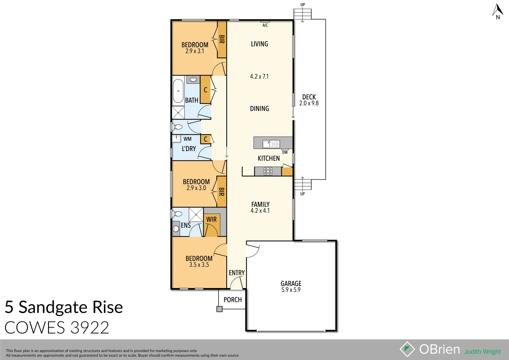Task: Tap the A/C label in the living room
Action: coord(265,25)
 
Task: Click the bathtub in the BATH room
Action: coord(178,91)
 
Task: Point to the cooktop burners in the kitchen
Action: coord(268,171)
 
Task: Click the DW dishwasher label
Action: coord(285,152)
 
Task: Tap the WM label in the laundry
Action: coord(187,139)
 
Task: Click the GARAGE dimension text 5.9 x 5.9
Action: coord(291,290)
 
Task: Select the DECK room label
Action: coord(309,97)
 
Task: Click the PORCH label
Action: coord(233,300)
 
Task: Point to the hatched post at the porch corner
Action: coord(219,309)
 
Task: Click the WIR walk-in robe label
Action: coord(211,219)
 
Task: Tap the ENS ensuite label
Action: coord(186,225)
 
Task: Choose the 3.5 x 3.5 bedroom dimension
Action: coord(199,265)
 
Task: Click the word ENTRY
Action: coord(237,273)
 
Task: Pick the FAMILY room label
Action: coord(260,204)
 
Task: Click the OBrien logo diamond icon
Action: coord(407,349)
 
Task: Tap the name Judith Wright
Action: coord(482,352)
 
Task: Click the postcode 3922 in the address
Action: coord(90,328)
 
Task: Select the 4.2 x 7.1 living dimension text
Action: coord(259,76)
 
